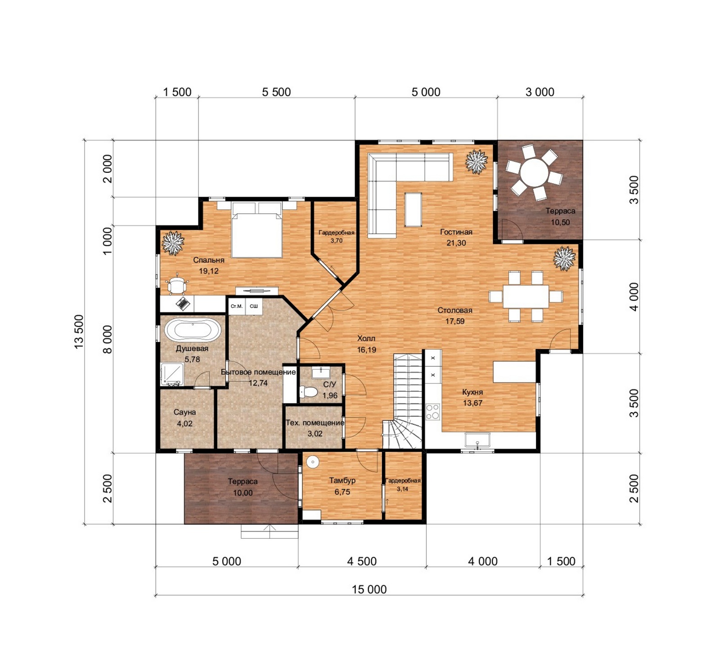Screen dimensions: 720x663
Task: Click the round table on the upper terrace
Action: pos(534,172)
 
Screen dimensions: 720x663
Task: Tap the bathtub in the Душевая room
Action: pos(192,330)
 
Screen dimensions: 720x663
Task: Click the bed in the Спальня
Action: pos(256,230)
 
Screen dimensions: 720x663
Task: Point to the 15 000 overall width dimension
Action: pos(369,589)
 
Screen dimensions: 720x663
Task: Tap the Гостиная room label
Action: pos(456,232)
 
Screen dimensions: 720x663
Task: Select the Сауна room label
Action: pos(184,412)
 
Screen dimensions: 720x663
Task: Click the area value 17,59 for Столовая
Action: pos(455,321)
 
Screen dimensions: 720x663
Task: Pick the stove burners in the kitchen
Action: pos(432,411)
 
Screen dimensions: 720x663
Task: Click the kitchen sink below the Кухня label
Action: pos(477,440)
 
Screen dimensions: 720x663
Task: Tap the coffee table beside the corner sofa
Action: pos(413,209)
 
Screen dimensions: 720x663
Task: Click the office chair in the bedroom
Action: pos(177,284)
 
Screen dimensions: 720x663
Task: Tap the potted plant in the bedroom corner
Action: pos(173,243)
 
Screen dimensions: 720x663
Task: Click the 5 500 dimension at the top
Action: pos(276,92)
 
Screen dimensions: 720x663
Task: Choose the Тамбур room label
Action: pos(342,480)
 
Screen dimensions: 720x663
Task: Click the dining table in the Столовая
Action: pos(526,296)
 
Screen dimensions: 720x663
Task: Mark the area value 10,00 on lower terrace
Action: pos(243,493)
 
